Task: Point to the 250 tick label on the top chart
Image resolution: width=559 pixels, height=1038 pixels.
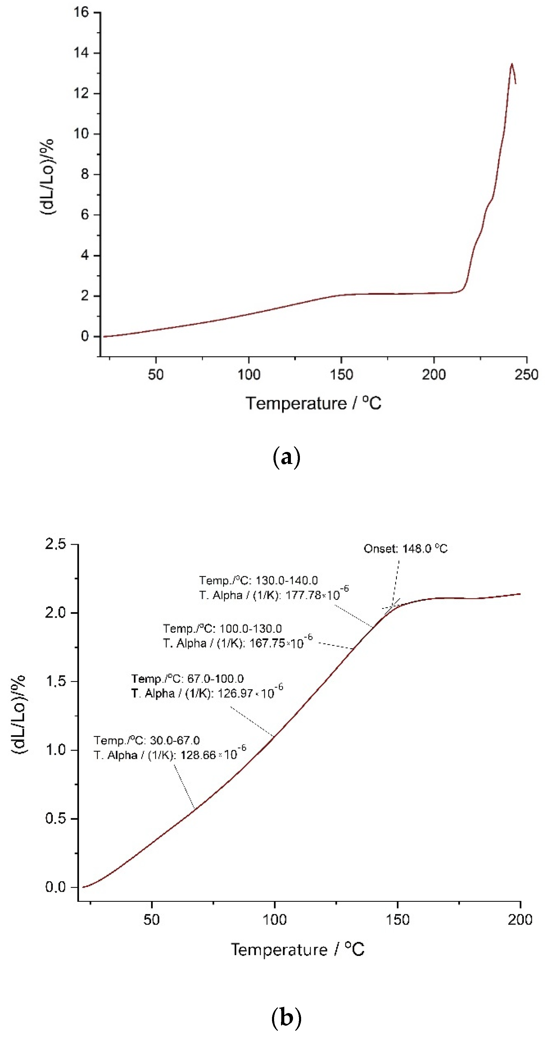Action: pyautogui.click(x=526, y=375)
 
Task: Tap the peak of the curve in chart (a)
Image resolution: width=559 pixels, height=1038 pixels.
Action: pyautogui.click(x=512, y=64)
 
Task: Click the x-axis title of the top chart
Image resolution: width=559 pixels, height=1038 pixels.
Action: pyautogui.click(x=313, y=403)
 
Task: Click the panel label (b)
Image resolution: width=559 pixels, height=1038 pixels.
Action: pyautogui.click(x=286, y=1018)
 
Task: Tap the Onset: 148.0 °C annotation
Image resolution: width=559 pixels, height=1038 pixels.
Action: pyautogui.click(x=405, y=549)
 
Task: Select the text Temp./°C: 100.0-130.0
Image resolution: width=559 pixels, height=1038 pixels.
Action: pyautogui.click(x=222, y=628)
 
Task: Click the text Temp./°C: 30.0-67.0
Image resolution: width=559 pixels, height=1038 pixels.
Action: pyautogui.click(x=147, y=740)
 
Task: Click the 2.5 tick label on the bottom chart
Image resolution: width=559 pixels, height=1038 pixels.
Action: pyautogui.click(x=56, y=544)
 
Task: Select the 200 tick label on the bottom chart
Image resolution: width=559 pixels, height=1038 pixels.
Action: pyautogui.click(x=520, y=920)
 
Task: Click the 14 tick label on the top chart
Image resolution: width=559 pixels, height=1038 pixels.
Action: pyautogui.click(x=80, y=53)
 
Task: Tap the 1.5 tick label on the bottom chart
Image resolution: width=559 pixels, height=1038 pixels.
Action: pyautogui.click(x=56, y=681)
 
